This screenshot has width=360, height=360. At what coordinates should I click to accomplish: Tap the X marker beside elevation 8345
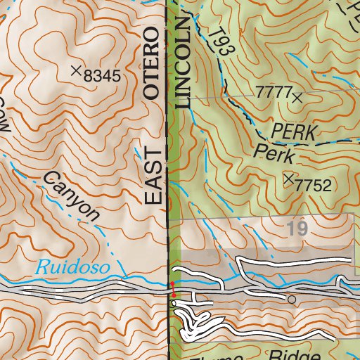tap(76, 70)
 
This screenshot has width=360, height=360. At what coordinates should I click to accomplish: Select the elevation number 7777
tap(273, 91)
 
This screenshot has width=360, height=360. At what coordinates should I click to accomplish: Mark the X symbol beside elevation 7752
tap(288, 179)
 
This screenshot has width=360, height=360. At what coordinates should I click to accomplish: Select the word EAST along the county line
tap(153, 176)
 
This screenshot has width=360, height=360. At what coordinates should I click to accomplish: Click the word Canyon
tap(72, 195)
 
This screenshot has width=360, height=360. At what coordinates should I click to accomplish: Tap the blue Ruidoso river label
tap(64, 266)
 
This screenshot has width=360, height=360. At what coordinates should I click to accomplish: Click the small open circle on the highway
tap(292, 300)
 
